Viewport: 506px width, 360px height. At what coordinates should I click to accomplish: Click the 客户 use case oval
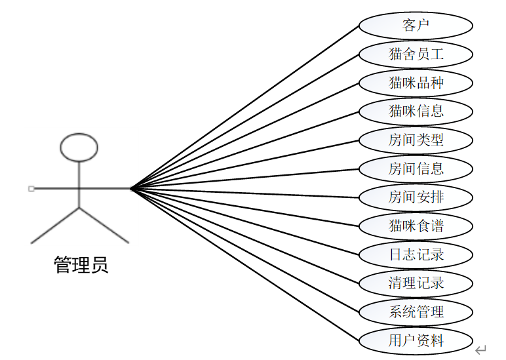(x=416, y=26)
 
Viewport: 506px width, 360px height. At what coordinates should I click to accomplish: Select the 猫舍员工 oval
(x=416, y=54)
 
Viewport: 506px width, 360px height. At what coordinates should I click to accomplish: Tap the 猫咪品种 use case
(x=416, y=83)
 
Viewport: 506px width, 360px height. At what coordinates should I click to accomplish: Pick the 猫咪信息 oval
(x=416, y=111)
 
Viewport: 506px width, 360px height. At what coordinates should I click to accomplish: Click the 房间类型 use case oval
(x=416, y=140)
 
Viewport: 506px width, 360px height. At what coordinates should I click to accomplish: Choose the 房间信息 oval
(x=416, y=169)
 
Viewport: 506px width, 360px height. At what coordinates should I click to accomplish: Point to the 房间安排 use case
(x=416, y=197)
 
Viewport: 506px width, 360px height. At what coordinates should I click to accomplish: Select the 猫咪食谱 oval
(x=416, y=226)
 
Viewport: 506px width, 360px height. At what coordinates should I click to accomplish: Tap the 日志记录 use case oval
(x=416, y=254)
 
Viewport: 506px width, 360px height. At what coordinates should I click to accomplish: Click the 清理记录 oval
(x=416, y=283)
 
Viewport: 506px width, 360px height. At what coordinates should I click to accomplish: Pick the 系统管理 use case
(x=416, y=311)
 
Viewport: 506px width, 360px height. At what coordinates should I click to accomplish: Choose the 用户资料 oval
(x=416, y=340)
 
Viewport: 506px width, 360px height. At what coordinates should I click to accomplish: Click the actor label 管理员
(x=80, y=265)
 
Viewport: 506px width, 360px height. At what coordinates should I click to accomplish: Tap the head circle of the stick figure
(x=79, y=147)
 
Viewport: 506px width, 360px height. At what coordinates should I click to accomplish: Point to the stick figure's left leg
(x=55, y=226)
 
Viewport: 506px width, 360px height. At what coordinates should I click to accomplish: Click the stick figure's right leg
(x=104, y=226)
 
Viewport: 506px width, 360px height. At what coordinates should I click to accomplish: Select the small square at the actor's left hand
(x=31, y=189)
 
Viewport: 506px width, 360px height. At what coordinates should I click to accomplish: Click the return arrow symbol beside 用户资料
(x=480, y=349)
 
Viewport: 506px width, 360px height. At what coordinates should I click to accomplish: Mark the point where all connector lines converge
(x=130, y=189)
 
